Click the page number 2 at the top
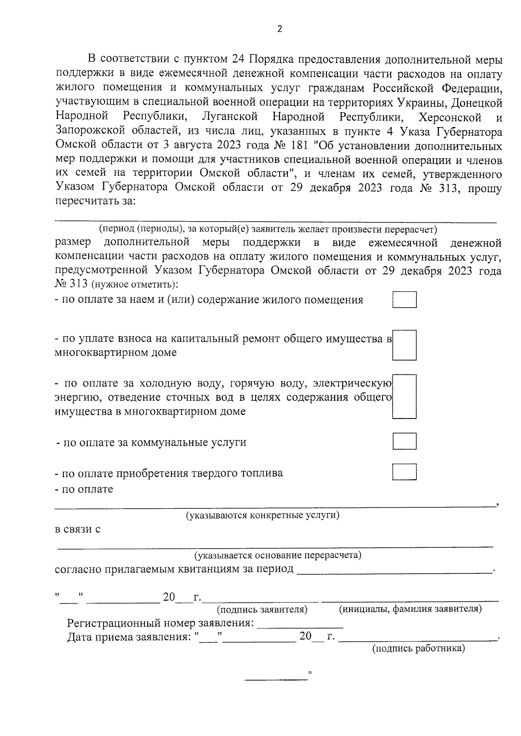pos(279,29)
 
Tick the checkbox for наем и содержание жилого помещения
pos(404,300)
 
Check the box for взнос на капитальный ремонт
pos(404,345)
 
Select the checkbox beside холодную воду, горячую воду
pos(404,396)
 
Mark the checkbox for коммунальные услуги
pos(404,441)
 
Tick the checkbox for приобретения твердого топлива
pos(404,472)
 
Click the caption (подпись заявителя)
pos(262,609)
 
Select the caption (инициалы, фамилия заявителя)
pos(410,609)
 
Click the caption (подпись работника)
pos(419,648)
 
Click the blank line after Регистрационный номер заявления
pos(300,625)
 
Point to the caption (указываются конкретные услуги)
pos(263,515)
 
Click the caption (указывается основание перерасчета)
pos(278,555)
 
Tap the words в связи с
pos(78,530)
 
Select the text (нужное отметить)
pos(135,285)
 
